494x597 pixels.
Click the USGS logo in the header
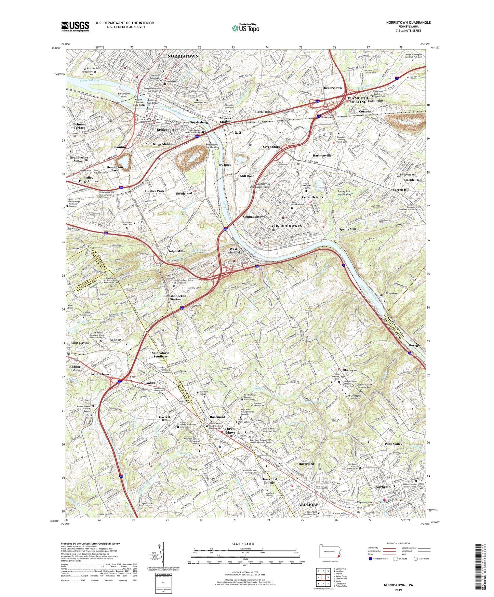tap(75, 26)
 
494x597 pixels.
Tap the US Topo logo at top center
tap(245, 28)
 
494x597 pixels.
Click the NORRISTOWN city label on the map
tap(183, 56)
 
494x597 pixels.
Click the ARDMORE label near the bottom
tap(308, 505)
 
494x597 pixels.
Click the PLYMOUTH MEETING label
tap(358, 99)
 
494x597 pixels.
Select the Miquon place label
tap(391, 293)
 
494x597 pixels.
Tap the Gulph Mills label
tap(176, 251)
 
